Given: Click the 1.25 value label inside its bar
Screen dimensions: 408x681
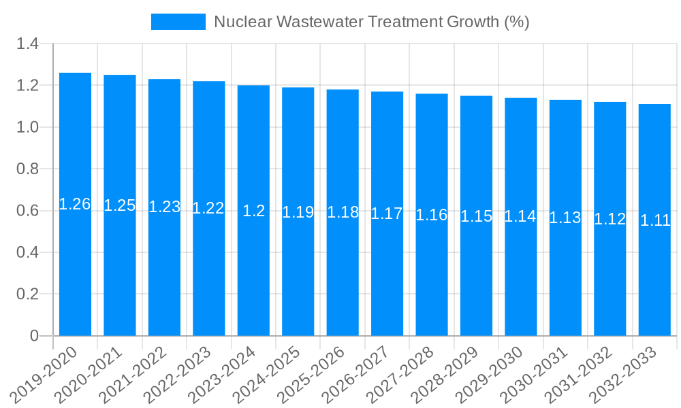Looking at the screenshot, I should coord(120,205).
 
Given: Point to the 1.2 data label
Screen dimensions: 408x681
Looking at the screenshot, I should coord(254,211).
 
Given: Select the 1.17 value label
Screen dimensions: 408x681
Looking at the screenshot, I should coord(387,214).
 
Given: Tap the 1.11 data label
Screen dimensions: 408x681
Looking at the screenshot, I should coord(655,220).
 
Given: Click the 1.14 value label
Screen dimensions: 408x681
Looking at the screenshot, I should coord(520,217).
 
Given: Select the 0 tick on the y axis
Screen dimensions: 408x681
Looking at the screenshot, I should coord(35,336).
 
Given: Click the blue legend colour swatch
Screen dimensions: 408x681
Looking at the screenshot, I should coord(178,22).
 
